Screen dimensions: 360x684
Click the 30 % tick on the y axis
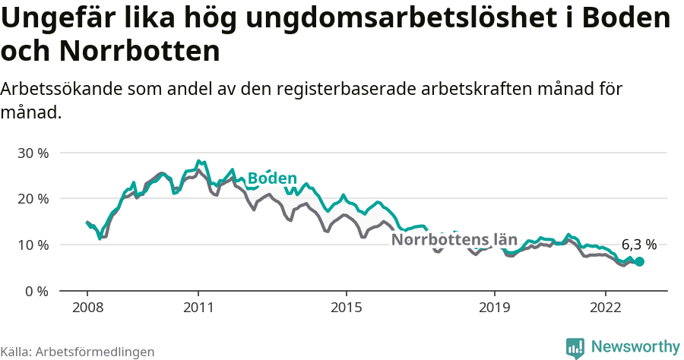point(32,153)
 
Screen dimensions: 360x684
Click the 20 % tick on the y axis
point(32,199)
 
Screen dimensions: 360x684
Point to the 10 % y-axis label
point(32,245)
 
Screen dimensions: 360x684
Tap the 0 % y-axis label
point(36,292)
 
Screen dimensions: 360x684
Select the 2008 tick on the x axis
point(87,309)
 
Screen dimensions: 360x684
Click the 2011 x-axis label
point(198,309)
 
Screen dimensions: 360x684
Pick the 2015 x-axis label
point(347,309)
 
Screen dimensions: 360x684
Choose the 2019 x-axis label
point(495,309)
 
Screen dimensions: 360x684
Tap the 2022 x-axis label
point(606,309)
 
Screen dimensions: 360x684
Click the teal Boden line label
point(272,178)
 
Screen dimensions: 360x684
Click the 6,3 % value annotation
point(639,245)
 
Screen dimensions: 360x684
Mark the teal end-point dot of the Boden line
point(639,261)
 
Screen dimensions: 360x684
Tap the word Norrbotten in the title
point(139,52)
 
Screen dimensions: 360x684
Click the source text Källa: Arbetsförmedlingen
point(78,352)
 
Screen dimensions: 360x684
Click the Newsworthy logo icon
point(575,347)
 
